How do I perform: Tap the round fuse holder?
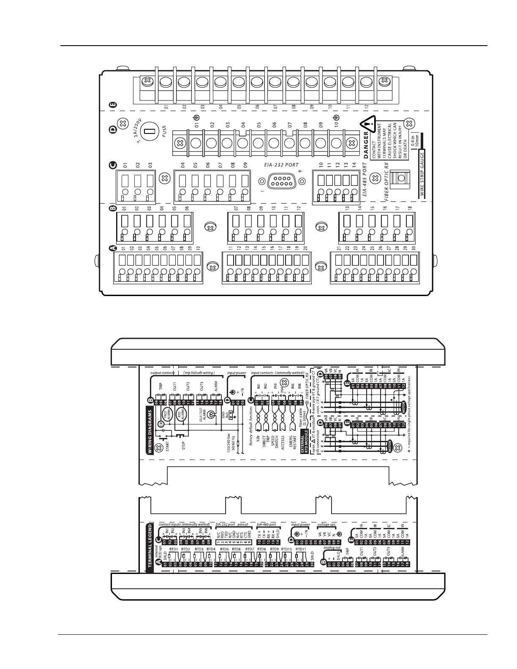[148, 132]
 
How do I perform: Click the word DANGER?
[366, 144]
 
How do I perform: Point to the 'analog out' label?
[331, 548]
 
